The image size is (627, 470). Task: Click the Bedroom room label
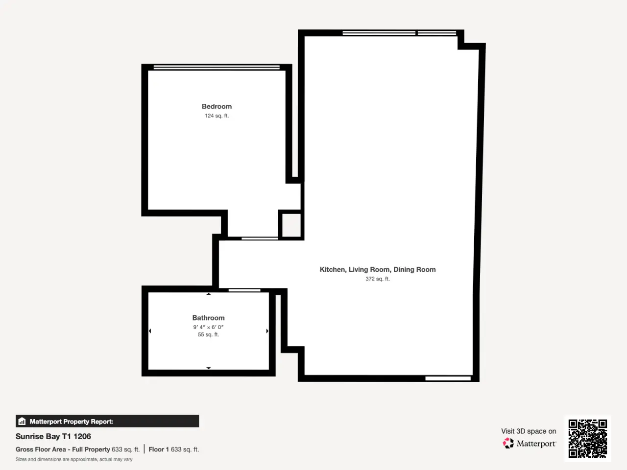217,106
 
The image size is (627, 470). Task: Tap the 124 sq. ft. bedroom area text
217,116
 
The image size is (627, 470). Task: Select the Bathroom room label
208,318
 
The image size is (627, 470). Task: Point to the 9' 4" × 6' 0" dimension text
208,327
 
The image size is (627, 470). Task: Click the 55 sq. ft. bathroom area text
208,334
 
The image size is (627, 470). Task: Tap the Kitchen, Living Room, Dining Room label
378,270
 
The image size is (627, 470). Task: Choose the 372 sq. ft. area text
378,279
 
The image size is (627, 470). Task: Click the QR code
588,439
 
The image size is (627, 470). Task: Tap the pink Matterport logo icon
508,443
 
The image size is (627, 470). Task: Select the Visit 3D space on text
529,431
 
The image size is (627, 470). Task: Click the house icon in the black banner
22,421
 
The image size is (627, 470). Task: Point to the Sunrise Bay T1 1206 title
53,436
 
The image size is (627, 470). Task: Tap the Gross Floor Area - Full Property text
63,449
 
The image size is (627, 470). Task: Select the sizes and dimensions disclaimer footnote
74,459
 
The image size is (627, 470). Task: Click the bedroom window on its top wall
217,68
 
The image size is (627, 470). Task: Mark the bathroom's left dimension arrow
150,331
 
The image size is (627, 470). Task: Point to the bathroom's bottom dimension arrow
209,368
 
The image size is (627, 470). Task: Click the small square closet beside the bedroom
291,225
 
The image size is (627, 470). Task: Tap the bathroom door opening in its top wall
244,290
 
